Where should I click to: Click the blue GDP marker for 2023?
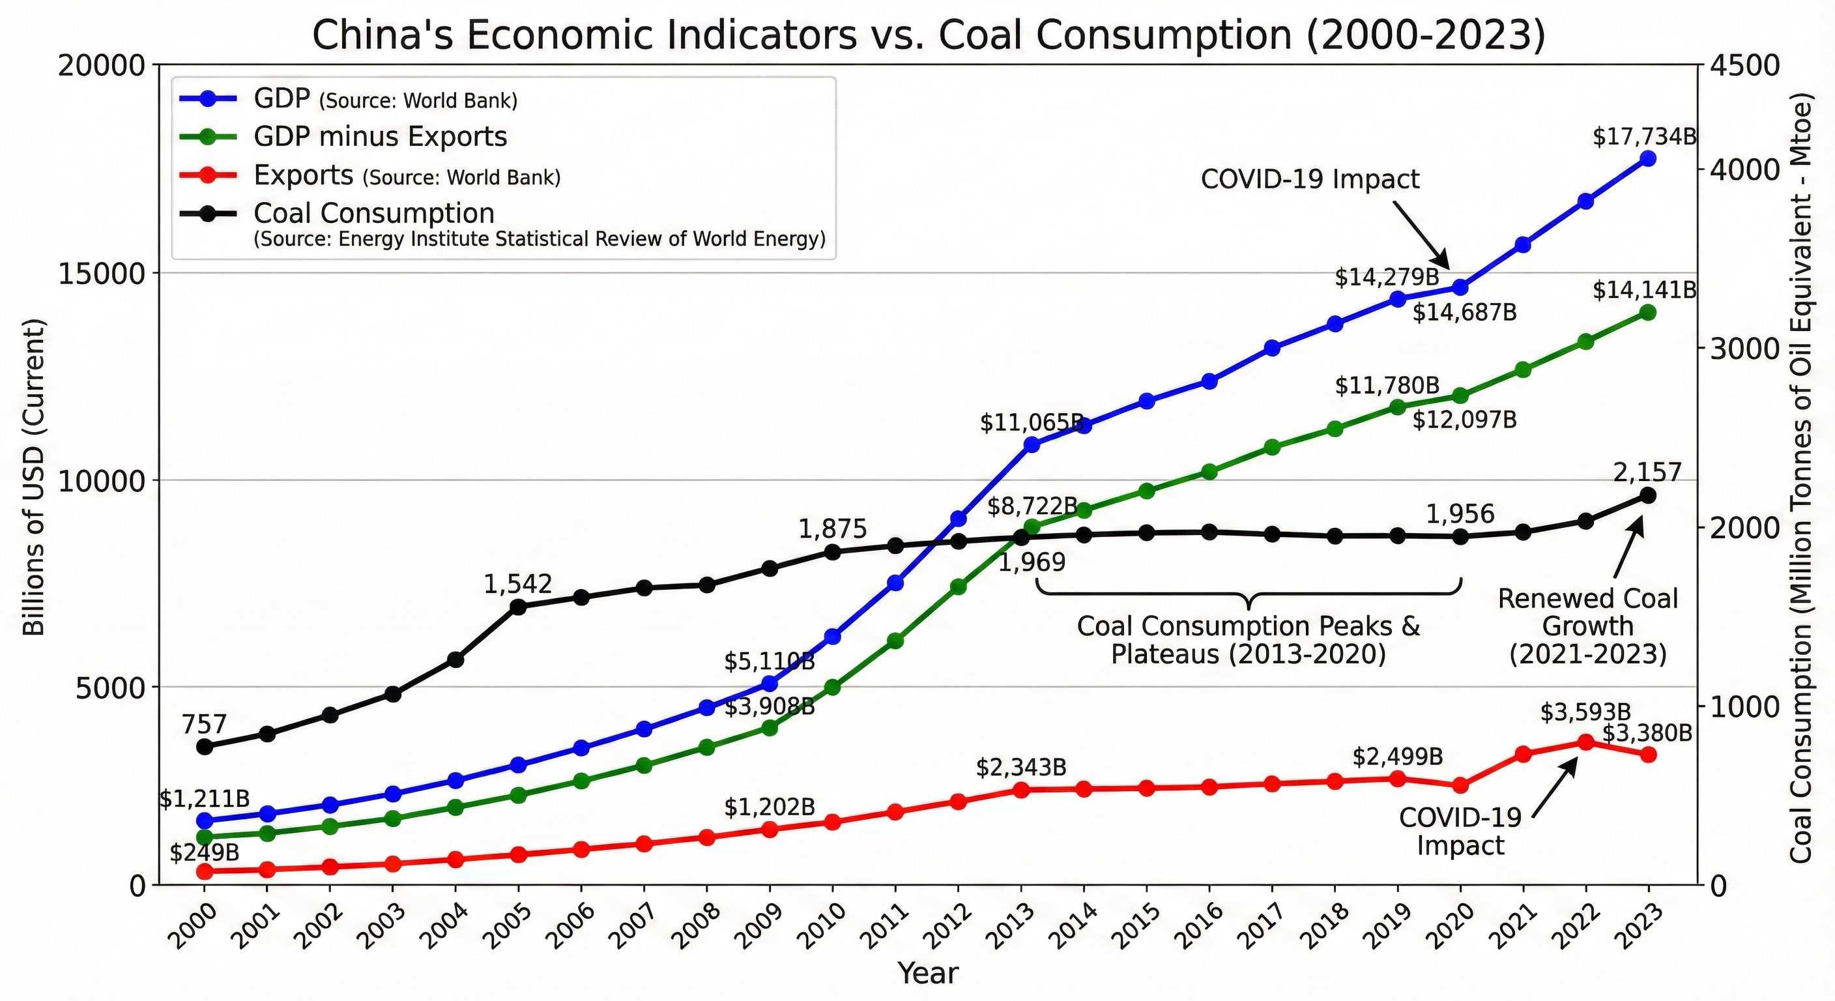click(1647, 158)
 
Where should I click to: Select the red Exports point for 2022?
click(1585, 742)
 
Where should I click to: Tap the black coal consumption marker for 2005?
click(518, 607)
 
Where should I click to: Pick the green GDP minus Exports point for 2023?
click(1647, 313)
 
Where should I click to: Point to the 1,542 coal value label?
click(518, 584)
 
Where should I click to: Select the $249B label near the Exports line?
click(204, 852)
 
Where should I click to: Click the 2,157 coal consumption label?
click(1647, 472)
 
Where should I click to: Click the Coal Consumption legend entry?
click(374, 213)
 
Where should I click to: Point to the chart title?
click(929, 36)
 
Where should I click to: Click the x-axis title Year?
click(928, 972)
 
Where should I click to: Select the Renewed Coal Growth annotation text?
click(1588, 626)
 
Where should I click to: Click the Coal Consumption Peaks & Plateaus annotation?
click(1248, 640)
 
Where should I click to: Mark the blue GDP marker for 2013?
click(1031, 444)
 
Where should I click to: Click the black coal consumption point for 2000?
click(204, 747)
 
